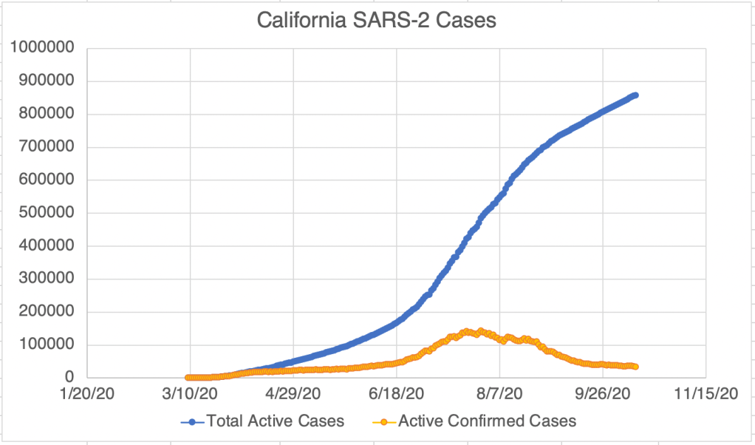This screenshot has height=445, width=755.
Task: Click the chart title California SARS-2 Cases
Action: (x=377, y=20)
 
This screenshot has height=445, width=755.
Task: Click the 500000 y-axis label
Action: (x=46, y=213)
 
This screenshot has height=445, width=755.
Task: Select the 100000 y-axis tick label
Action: (x=46, y=344)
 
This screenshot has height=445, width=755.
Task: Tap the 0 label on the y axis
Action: (x=72, y=378)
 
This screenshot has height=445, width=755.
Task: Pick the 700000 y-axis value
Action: (x=46, y=147)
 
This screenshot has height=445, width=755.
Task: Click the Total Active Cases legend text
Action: (x=276, y=421)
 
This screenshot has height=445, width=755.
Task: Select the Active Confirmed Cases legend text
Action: (x=487, y=421)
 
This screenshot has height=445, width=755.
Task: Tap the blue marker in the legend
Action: (x=192, y=422)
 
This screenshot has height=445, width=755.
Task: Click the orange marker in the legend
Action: (x=383, y=422)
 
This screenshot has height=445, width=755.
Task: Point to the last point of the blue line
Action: (x=635, y=95)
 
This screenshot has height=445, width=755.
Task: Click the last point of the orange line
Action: (x=635, y=367)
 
